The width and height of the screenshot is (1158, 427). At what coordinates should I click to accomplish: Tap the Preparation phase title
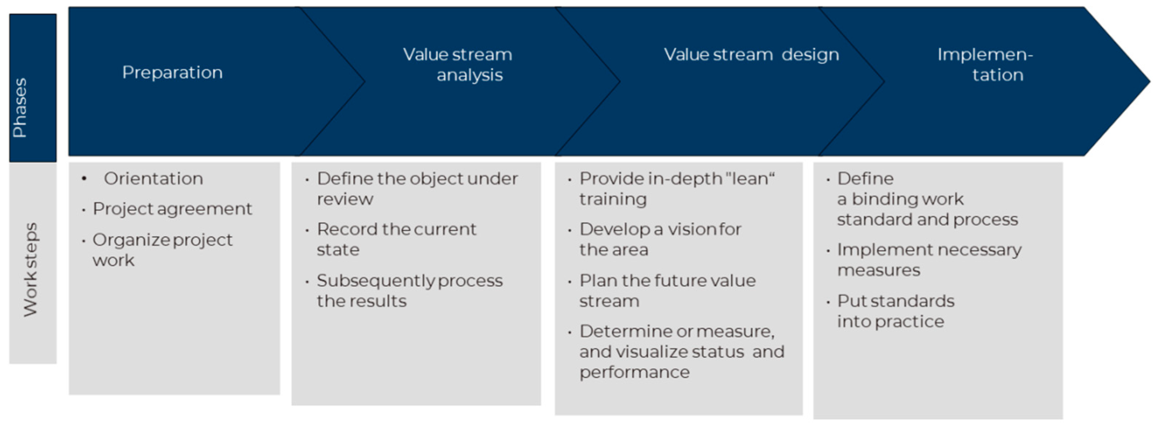point(172,72)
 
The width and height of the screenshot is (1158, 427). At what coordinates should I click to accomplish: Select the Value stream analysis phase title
point(458,65)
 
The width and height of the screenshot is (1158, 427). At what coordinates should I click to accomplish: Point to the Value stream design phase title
point(751,55)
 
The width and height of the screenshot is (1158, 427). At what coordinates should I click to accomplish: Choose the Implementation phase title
point(985,65)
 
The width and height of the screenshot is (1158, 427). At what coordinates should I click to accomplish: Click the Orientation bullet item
point(153,179)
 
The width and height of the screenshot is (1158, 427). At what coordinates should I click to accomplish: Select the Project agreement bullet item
point(172,209)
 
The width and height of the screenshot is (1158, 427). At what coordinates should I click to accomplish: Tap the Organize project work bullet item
point(162,250)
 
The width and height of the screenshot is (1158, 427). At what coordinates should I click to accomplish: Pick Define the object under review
point(417,189)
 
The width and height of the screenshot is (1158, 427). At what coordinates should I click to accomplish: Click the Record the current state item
point(396,239)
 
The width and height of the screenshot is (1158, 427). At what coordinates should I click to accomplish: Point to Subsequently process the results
point(409,290)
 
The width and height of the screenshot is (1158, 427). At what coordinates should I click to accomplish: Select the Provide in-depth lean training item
point(677,189)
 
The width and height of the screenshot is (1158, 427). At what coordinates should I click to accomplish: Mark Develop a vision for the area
point(660,239)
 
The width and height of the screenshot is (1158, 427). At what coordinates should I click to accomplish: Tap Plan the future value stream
point(667,290)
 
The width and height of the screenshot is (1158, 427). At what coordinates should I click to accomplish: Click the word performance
point(634,372)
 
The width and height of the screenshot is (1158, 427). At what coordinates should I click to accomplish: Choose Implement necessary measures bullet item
point(929,259)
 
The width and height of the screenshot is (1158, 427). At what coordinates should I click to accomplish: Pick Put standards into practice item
point(896,311)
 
